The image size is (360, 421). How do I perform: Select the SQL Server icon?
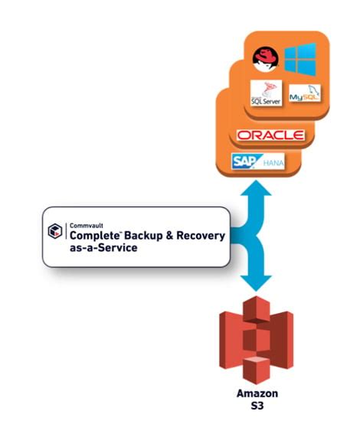266,93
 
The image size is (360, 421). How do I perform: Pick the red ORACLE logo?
270,136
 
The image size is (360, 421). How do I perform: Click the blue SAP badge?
244,162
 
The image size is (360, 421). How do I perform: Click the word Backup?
145,237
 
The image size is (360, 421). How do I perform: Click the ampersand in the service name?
172,237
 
